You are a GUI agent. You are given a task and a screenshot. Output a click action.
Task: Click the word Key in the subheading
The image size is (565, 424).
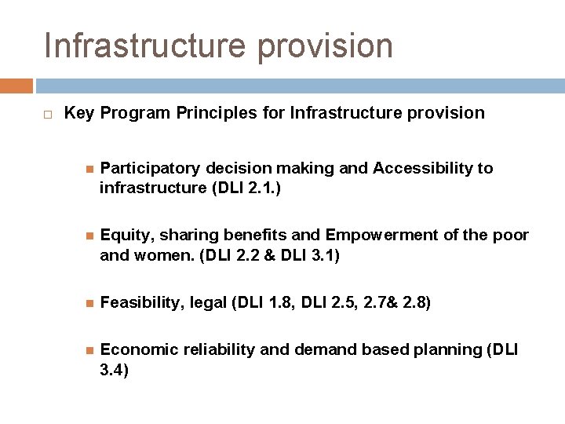(78, 113)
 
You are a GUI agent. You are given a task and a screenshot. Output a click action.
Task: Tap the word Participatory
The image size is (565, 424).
(150, 168)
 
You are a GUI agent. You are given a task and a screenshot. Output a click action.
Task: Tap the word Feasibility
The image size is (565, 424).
(144, 302)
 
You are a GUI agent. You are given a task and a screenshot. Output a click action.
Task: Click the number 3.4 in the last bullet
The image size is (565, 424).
(114, 370)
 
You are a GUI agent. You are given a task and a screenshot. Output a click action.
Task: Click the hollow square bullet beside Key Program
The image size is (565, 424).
(48, 115)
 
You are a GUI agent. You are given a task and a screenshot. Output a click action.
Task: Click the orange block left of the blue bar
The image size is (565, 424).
(16, 86)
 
